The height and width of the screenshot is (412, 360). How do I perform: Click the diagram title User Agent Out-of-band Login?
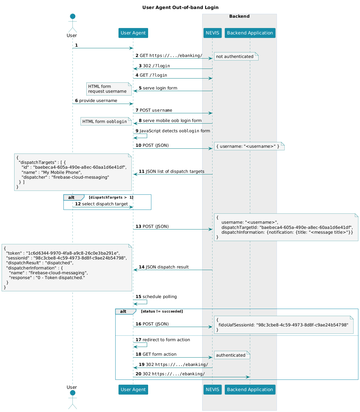point(180,7)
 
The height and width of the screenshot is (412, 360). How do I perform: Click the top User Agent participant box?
point(133,33)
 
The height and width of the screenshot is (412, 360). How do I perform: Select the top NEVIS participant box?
point(212,33)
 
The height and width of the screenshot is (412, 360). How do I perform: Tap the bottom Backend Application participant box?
point(250,389)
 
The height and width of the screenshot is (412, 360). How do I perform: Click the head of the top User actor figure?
point(72,16)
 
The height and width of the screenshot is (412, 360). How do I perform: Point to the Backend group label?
point(239,16)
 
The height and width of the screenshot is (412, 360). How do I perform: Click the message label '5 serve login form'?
point(158,88)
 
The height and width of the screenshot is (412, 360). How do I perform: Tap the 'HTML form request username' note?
point(109,89)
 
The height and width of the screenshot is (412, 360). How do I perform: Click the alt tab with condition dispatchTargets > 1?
point(74,197)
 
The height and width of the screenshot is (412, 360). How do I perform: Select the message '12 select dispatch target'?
point(101,204)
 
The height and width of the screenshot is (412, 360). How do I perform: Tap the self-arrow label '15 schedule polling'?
point(156,297)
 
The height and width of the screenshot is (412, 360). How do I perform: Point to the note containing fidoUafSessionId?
point(283,324)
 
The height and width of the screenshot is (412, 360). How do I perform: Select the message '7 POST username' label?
point(154,110)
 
